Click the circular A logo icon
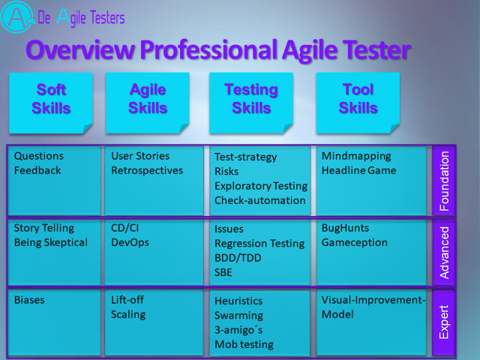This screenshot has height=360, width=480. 17,17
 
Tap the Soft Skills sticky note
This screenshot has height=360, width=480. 51,103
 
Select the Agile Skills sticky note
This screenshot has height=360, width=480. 148,103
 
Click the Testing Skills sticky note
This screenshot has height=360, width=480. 251,103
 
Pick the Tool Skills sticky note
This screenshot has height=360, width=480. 358,103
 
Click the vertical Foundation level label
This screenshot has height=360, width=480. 444,181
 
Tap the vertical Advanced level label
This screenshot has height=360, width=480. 444,253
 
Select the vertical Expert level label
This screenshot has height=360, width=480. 444,322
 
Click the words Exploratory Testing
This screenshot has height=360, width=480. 261,186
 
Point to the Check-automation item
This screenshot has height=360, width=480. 260,200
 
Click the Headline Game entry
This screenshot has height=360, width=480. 359,170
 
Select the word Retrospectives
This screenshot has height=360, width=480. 147,170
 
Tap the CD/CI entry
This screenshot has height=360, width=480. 125,228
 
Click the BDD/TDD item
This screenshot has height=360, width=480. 238,258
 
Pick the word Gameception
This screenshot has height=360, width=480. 355,242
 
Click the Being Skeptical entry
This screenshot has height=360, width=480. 51,242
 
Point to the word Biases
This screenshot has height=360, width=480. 29,300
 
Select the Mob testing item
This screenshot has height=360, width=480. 244,344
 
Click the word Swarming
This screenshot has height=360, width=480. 239,316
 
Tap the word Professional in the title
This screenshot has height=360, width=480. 209,50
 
